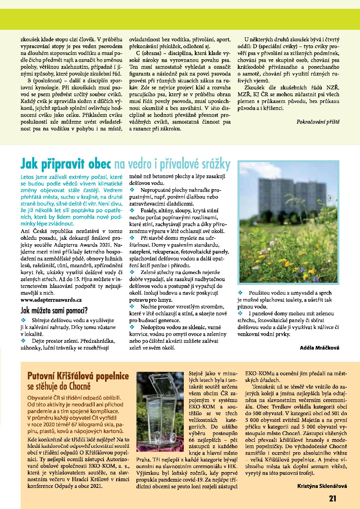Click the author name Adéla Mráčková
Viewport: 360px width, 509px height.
[x=319, y=348]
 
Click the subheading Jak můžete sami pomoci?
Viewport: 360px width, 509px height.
[x=54, y=310]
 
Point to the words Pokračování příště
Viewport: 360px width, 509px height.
[x=318, y=121]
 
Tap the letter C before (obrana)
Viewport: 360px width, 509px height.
[x=138, y=54]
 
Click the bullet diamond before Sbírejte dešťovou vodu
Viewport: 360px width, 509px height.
[x=23, y=320]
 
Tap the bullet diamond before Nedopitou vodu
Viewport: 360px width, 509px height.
[x=132, y=326]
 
